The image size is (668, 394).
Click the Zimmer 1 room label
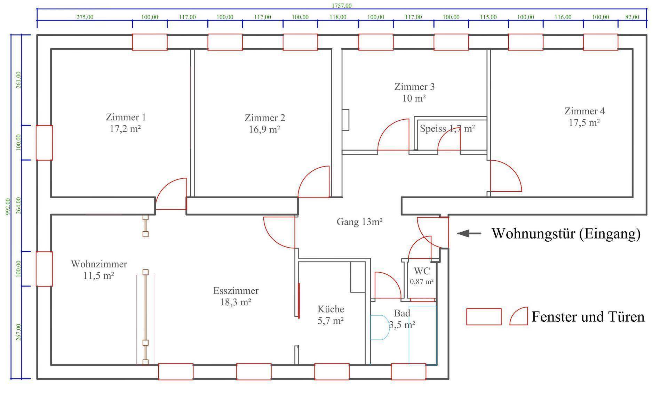[x=126, y=117]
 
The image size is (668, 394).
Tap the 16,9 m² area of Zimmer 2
[x=264, y=130]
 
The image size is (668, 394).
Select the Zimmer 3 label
[x=414, y=87]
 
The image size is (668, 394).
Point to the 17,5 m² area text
[x=584, y=123]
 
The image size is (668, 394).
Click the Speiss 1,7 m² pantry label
[x=447, y=129]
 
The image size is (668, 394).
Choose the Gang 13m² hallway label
[x=359, y=222]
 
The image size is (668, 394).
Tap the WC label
[x=422, y=271]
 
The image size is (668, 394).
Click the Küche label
[x=331, y=309]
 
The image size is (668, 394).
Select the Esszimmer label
[x=236, y=290]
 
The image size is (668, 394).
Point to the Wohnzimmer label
[x=99, y=264]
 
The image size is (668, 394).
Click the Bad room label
[x=402, y=313]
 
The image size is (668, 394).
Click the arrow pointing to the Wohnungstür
[x=469, y=234]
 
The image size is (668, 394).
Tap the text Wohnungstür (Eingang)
[x=566, y=233]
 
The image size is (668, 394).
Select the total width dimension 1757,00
[x=341, y=6]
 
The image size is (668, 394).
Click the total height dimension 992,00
[x=8, y=207]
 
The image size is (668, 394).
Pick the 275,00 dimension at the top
[x=85, y=17]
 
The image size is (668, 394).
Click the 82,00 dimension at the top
[x=632, y=17]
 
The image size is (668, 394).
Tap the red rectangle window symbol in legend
[x=484, y=316]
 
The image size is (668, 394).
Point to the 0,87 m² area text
[x=422, y=282]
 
